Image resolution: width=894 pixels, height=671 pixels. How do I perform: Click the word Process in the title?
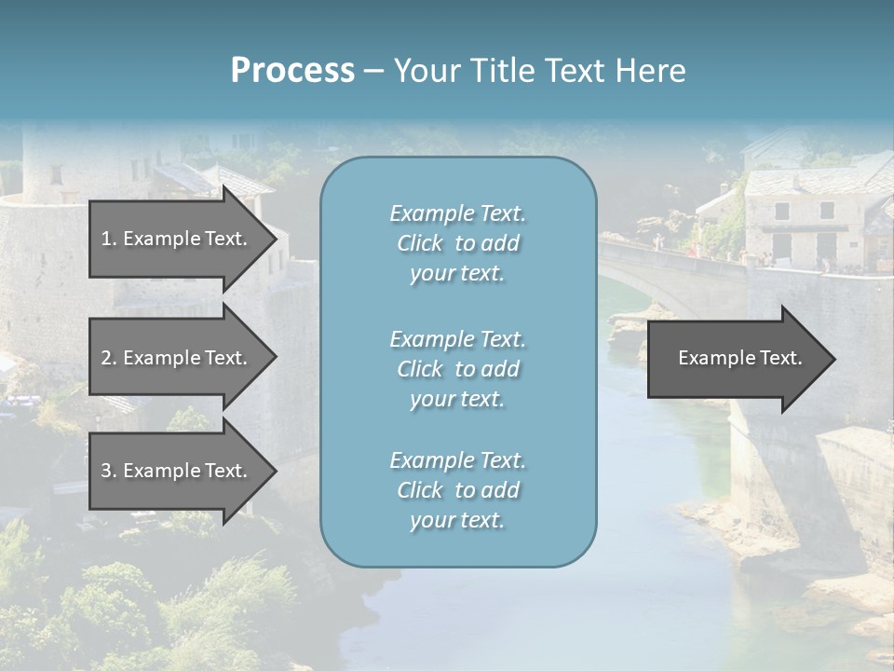point(292,71)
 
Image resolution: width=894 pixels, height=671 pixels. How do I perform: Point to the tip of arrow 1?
point(275,239)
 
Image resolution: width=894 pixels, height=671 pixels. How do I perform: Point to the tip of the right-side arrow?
point(833,359)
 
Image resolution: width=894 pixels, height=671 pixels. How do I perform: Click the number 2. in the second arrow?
point(108,358)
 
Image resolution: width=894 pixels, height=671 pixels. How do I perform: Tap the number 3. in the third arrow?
point(108,471)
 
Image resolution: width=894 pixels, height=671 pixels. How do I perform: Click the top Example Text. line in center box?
point(457,213)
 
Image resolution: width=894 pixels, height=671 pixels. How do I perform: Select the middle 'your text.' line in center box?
point(457,399)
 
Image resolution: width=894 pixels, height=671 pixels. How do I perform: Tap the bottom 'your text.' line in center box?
point(457,520)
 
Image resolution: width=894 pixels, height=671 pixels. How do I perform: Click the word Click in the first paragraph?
point(419,243)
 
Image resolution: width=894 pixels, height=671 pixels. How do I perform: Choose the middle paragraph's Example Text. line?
point(457,338)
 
